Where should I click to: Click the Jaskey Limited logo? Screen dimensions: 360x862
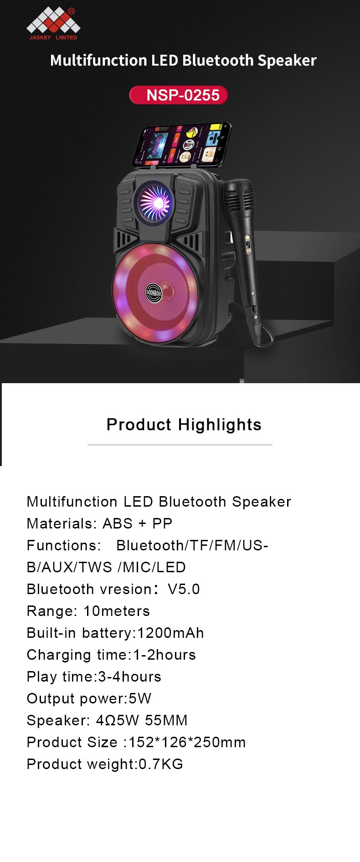pyautogui.click(x=53, y=25)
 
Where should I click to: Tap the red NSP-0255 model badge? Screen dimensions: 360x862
pyautogui.click(x=179, y=95)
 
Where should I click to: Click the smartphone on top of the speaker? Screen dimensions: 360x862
pyautogui.click(x=182, y=145)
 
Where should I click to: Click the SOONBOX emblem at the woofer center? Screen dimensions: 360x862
pyautogui.click(x=154, y=292)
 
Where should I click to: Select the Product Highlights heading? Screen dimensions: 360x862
pyautogui.click(x=184, y=425)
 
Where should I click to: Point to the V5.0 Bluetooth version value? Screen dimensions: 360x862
pyautogui.click(x=184, y=589)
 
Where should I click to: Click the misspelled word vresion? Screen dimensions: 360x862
pyautogui.click(x=123, y=589)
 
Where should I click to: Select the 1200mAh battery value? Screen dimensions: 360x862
pyautogui.click(x=170, y=633)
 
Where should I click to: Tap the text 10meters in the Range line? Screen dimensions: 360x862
pyautogui.click(x=117, y=611)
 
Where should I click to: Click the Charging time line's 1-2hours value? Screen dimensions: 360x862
pyautogui.click(x=165, y=655)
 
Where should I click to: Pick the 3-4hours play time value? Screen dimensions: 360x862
pyautogui.click(x=130, y=677)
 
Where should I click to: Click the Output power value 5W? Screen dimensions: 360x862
pyautogui.click(x=140, y=698)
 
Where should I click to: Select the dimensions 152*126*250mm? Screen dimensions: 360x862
pyautogui.click(x=187, y=742)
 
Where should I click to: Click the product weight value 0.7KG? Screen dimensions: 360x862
pyautogui.click(x=161, y=764)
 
